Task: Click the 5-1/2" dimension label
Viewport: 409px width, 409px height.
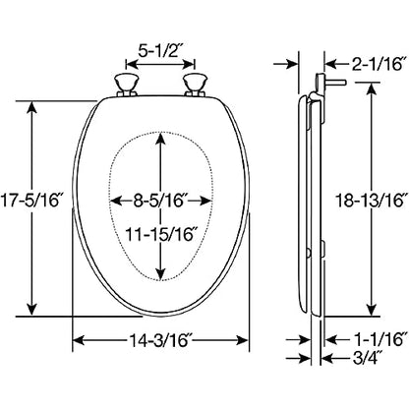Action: tap(159, 50)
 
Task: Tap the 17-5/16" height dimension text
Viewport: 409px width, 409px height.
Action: tap(30, 201)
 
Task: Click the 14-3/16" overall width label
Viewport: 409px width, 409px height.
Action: tap(160, 340)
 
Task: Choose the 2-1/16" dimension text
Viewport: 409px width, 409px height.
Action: tap(377, 64)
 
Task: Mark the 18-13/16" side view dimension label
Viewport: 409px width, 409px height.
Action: tap(373, 201)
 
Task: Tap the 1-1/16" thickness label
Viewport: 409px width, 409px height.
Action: tap(380, 339)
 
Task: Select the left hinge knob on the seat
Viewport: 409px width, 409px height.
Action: tap(126, 86)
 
